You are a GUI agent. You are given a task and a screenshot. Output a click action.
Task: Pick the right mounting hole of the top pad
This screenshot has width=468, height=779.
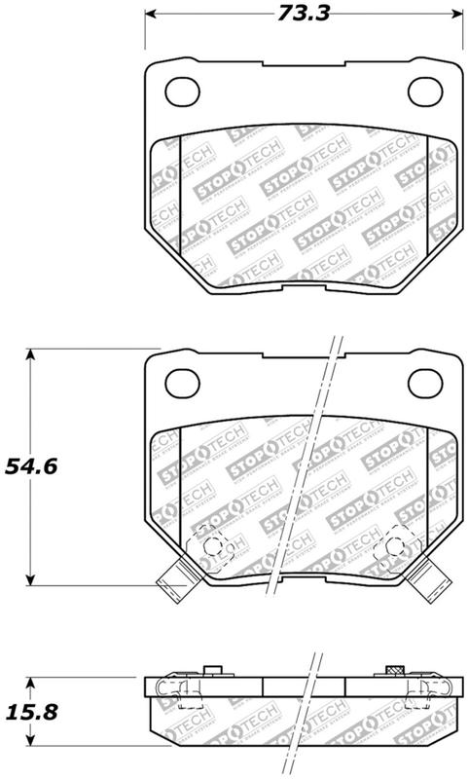[423, 92]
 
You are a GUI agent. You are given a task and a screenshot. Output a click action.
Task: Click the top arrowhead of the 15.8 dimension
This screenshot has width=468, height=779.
[33, 683]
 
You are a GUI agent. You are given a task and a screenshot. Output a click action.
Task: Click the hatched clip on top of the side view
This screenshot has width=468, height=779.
[394, 671]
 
